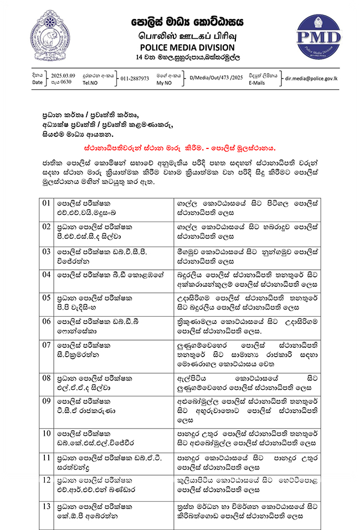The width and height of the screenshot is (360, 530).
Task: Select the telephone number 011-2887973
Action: (136, 79)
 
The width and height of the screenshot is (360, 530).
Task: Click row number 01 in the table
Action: (47, 203)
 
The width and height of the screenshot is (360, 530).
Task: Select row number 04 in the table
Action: (47, 274)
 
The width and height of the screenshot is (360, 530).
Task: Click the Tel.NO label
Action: (89, 82)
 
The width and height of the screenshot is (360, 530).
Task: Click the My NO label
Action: (164, 82)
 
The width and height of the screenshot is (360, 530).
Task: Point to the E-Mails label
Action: (257, 82)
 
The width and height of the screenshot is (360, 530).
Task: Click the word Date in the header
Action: (37, 82)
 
